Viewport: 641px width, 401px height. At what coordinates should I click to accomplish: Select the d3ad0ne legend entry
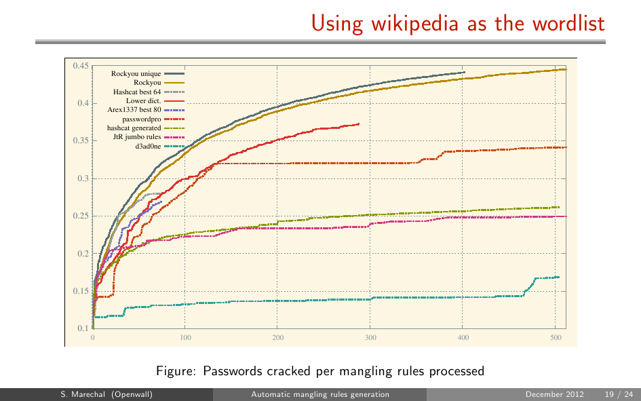coord(149,146)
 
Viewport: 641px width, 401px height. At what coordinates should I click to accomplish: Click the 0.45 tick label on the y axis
coord(81,66)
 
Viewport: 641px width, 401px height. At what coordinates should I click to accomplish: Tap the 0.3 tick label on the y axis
coord(82,179)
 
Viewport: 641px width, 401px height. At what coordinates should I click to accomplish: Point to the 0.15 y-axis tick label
coord(81,292)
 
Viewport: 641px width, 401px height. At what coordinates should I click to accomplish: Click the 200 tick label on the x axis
coord(278,337)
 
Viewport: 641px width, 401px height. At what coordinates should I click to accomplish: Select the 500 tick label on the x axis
coord(555,337)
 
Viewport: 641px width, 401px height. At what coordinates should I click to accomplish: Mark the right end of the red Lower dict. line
coord(359,123)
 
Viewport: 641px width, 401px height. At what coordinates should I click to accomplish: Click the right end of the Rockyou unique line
coord(465,72)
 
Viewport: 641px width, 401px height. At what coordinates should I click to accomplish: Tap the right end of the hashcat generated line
coord(558,207)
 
